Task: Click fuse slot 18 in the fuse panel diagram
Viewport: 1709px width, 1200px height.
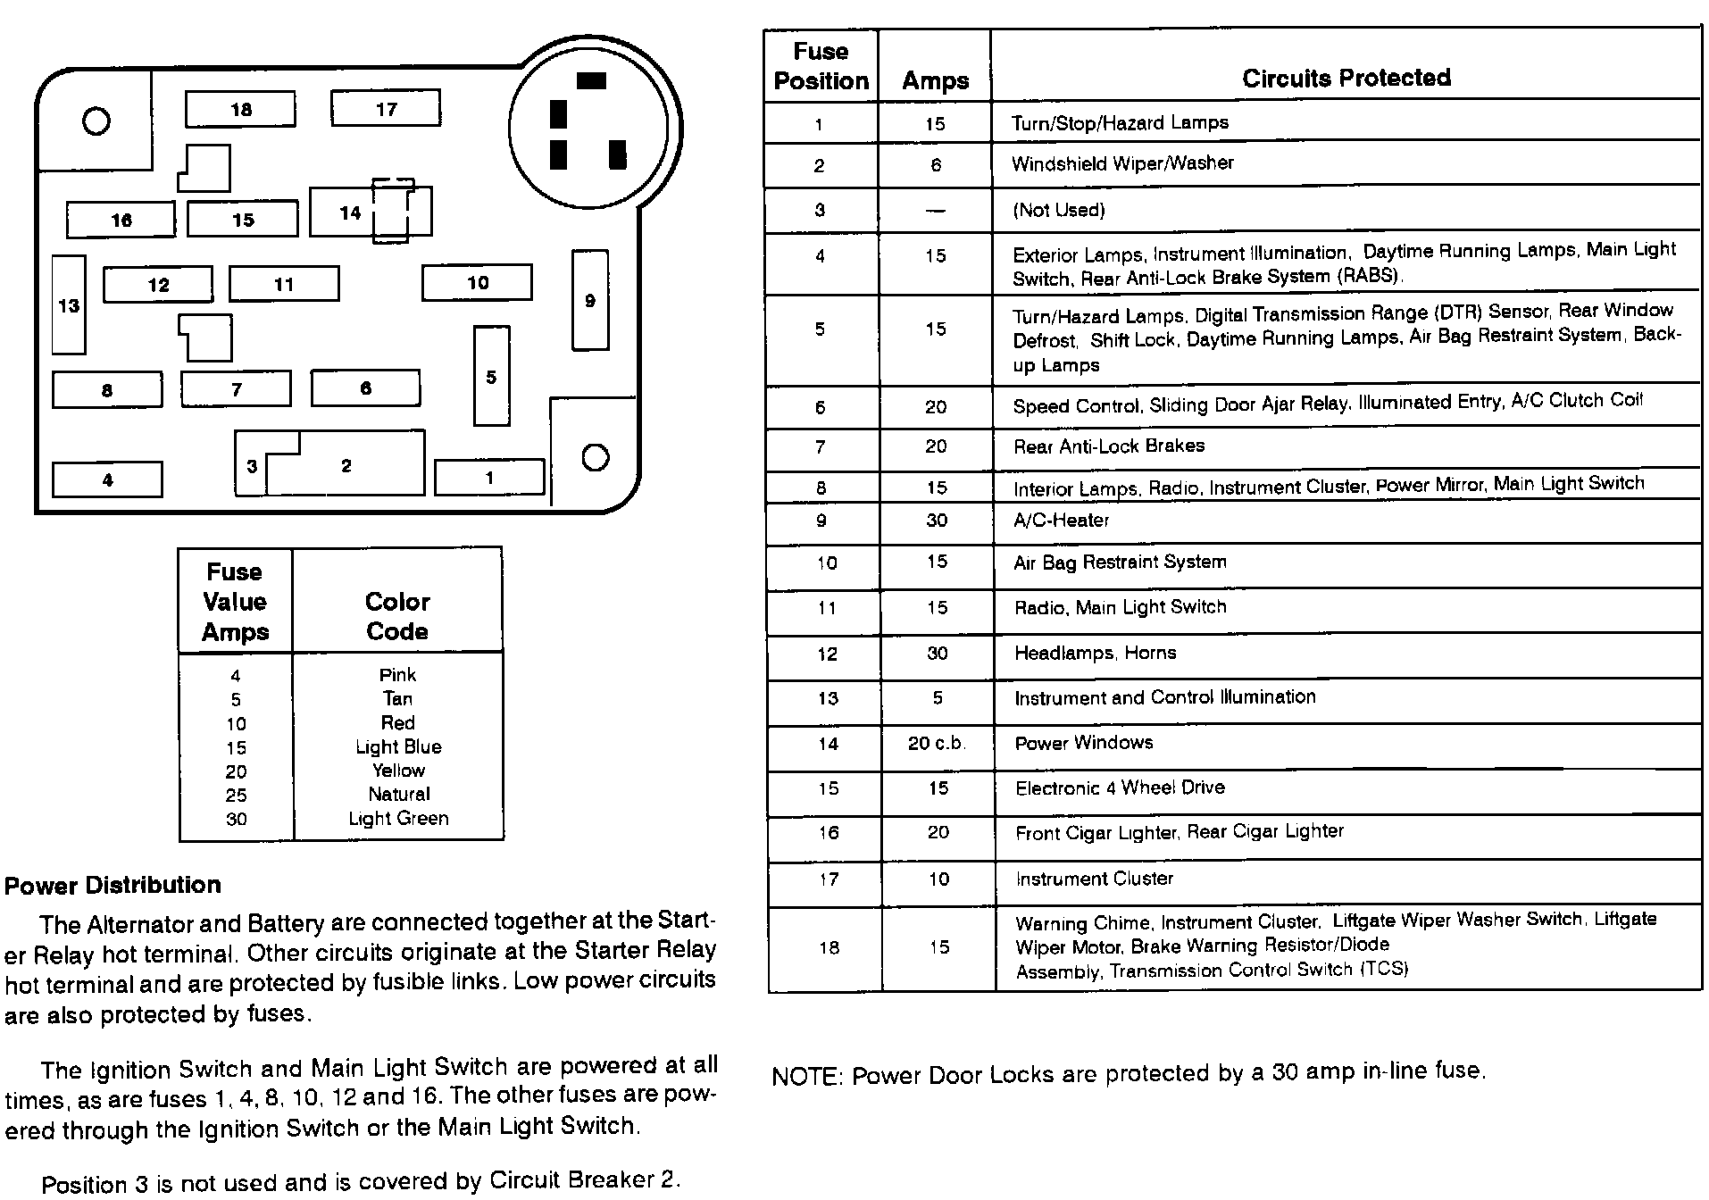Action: (240, 110)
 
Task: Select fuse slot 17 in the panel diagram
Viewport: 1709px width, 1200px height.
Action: (385, 109)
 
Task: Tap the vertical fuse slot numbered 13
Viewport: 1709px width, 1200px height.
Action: (69, 305)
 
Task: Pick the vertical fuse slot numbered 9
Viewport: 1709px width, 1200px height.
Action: (589, 300)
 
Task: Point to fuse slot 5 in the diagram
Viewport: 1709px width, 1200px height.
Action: (491, 376)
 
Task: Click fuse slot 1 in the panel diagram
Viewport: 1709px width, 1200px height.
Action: (488, 478)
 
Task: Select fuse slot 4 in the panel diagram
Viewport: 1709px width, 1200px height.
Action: (107, 479)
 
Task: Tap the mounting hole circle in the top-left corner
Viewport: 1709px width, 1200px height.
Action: (96, 121)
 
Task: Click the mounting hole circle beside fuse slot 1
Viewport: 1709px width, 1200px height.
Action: (595, 457)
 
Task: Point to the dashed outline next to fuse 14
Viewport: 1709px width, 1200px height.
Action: (392, 211)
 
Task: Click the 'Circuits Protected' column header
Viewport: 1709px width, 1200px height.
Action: (1346, 78)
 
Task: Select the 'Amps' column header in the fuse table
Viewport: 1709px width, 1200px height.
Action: (935, 80)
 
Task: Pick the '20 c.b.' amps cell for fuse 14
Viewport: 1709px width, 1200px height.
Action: (937, 743)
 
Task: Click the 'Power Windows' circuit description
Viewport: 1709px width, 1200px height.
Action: (1083, 743)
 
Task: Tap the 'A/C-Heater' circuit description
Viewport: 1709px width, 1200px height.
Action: (1061, 520)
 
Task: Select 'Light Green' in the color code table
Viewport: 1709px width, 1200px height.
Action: (398, 818)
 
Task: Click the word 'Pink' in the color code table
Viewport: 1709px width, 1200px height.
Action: (397, 675)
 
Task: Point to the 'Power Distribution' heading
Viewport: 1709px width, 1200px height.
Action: (113, 885)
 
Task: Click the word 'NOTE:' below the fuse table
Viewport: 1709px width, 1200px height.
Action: (807, 1075)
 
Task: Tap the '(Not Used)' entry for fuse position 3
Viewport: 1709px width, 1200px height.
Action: (1058, 210)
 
